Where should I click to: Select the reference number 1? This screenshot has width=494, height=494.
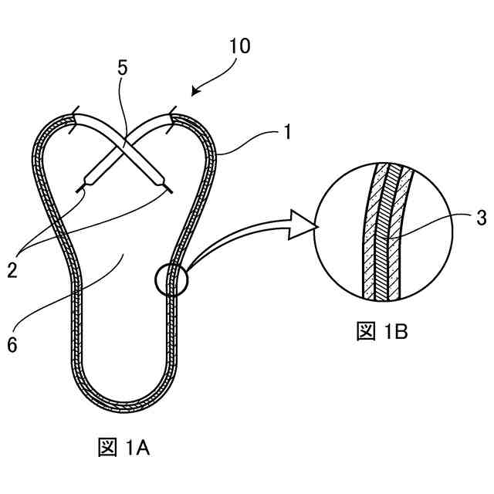(286, 132)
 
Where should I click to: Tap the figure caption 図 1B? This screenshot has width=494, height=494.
(381, 332)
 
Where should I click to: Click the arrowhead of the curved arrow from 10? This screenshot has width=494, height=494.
(195, 93)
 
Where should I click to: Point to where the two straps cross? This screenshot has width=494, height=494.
(124, 143)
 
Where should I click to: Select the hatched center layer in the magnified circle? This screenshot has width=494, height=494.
(384, 232)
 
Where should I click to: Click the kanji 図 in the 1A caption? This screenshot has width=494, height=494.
(106, 448)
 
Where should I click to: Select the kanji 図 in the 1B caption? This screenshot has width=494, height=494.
(364, 332)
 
